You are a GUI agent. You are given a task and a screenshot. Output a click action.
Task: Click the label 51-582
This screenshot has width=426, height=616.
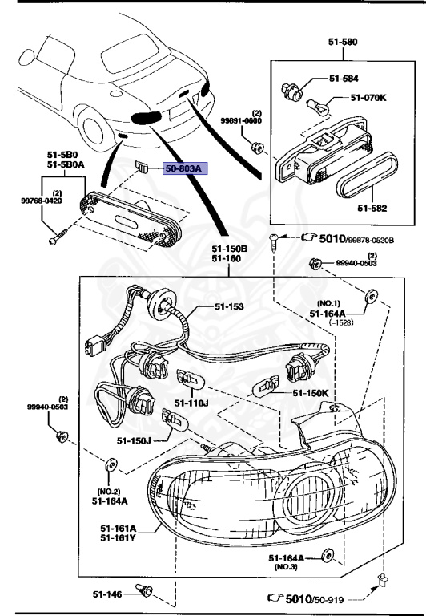tap(372, 209)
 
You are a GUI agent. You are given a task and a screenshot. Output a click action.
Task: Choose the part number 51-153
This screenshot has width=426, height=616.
tap(229, 306)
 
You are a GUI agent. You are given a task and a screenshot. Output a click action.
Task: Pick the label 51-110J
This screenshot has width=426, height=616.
tap(191, 402)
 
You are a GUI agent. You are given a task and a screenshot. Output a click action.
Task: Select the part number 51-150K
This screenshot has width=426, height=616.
tap(309, 394)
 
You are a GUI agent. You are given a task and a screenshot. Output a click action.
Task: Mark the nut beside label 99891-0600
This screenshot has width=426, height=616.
tap(259, 146)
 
